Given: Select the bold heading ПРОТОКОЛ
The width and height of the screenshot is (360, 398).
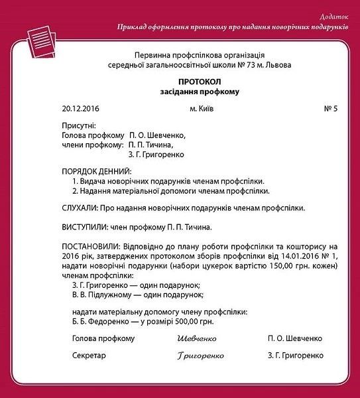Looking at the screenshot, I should coord(199,81).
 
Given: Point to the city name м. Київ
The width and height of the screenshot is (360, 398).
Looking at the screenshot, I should coord(202,108).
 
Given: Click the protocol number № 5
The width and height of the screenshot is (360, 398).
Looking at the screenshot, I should coord(330,108).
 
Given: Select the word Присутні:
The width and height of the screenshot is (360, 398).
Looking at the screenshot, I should coord(79,125).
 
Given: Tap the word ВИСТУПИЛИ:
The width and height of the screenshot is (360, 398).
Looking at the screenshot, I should coord(86,227).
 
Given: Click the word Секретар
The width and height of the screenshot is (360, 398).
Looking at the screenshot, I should coord(89,356).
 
